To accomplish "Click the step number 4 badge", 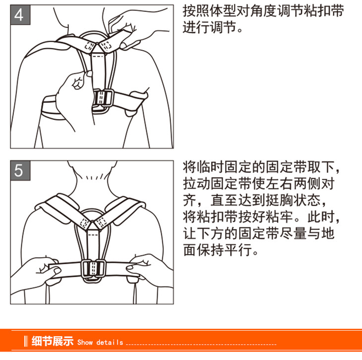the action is (x=20, y=15).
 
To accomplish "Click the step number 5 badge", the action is (x=20, y=170).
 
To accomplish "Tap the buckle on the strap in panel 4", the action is (x=103, y=101).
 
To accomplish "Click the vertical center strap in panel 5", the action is (x=93, y=245).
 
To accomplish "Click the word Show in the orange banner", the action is (x=85, y=342).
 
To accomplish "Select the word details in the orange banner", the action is (x=110, y=342).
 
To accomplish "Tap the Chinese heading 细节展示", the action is (x=53, y=341).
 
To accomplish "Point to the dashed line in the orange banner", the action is (x=201, y=344).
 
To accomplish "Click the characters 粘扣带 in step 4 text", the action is (x=324, y=11).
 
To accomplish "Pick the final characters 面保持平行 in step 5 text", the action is (x=218, y=250).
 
